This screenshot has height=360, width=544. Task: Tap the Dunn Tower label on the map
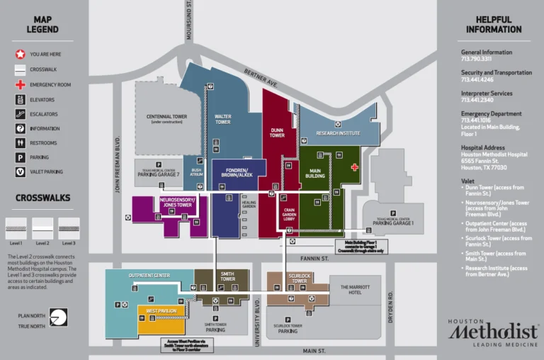coord(277,133)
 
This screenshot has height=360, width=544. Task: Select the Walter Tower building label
coord(222,118)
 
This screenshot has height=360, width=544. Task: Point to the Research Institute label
coord(338,133)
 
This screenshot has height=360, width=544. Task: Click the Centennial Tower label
coord(166,118)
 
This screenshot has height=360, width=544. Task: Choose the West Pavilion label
coord(161,311)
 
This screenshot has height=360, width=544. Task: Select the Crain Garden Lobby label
coord(288,215)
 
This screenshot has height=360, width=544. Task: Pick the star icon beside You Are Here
coord(21,54)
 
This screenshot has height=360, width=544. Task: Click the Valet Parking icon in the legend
coord(21,171)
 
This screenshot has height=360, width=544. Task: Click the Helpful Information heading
coord(494,25)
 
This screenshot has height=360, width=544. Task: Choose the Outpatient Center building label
coord(149,275)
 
